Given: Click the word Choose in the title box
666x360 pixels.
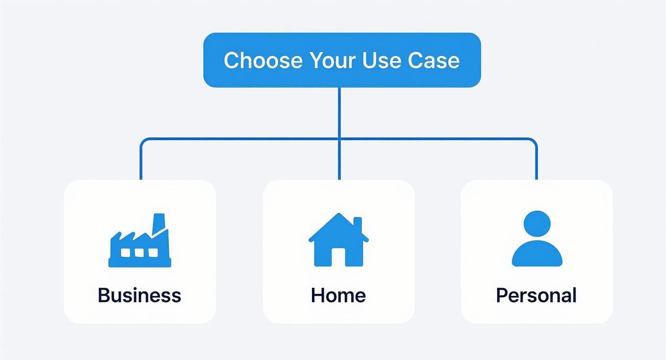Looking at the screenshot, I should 263,60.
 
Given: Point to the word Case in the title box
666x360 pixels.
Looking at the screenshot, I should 434,60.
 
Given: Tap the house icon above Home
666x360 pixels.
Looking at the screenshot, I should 339,240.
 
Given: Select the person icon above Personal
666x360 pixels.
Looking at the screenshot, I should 537,239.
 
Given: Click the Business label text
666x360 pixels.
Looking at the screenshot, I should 140,295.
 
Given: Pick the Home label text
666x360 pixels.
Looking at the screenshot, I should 338,295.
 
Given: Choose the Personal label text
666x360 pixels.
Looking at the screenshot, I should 536,295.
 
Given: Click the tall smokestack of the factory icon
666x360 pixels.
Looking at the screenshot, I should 158,223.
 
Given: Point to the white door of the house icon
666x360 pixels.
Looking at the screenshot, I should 338,257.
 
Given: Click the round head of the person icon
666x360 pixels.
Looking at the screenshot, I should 537,224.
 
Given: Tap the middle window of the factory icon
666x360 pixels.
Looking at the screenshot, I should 139,252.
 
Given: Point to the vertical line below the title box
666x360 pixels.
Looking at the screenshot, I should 339,112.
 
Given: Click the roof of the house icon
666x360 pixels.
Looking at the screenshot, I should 338,225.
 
